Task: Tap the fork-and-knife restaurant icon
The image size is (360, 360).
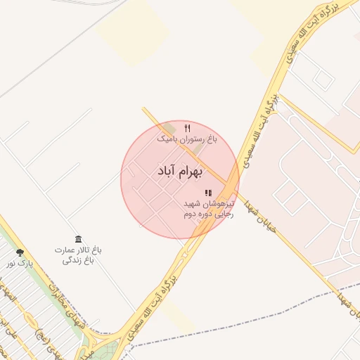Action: [x=187, y=129]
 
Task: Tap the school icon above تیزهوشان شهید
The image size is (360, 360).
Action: [x=208, y=193]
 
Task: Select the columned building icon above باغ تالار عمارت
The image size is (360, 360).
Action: [x=78, y=240]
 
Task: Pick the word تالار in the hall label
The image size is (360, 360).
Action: [x=84, y=250]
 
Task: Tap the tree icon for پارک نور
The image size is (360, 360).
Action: [x=20, y=252]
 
